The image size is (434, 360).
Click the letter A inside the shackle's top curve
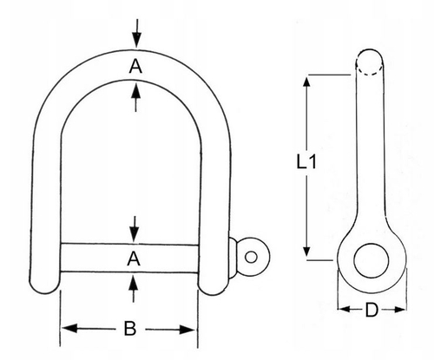pos(135,66)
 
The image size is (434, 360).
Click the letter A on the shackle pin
pos(134,259)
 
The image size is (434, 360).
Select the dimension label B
pos(130,329)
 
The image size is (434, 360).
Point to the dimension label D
pos(372,310)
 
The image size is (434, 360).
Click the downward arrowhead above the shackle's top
pos(137,40)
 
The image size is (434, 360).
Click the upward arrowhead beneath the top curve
pos(135,90)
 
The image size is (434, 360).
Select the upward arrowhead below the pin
pos(133,283)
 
